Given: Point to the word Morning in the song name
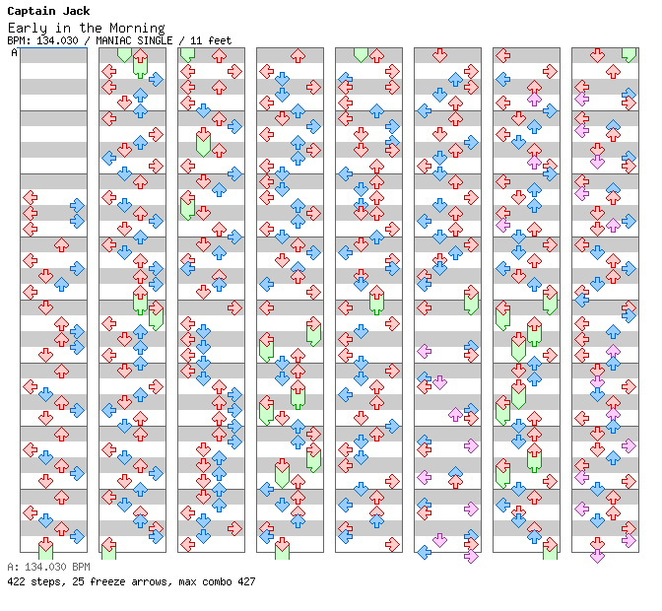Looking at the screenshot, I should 139,28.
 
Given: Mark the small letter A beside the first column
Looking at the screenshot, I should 14,53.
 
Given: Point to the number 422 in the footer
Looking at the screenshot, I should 16,581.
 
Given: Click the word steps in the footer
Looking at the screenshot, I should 46,581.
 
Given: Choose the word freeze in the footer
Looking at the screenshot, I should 105,581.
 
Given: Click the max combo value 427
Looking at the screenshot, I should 246,581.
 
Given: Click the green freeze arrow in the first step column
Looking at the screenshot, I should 45,548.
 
